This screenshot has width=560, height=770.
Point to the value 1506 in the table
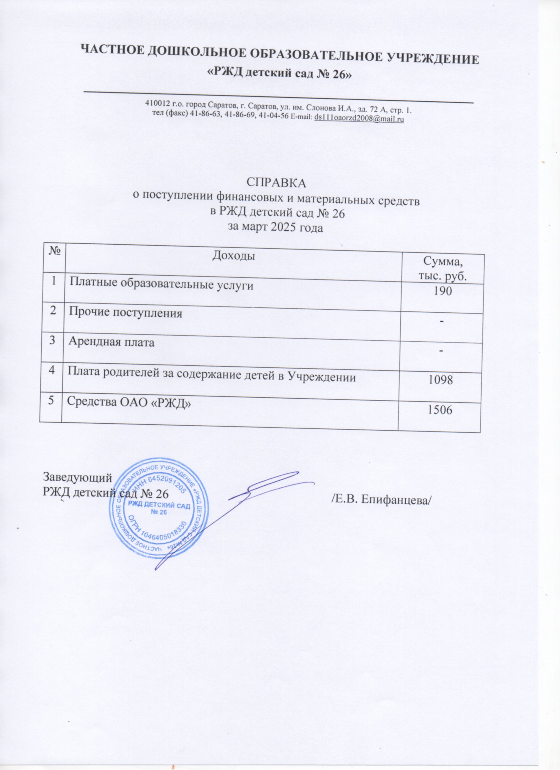point(440,410)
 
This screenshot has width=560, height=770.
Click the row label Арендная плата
point(111,342)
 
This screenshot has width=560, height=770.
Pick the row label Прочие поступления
point(126,313)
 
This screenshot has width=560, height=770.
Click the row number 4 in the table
point(51,370)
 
